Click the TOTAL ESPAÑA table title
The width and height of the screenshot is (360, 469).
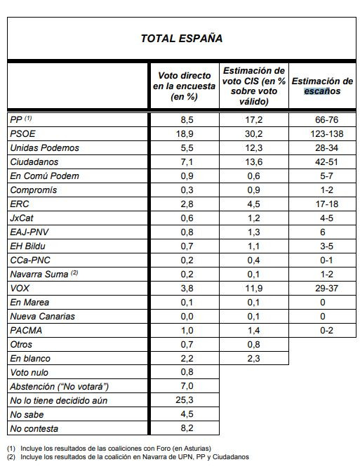coord(181,39)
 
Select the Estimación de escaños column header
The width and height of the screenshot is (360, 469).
coord(322,86)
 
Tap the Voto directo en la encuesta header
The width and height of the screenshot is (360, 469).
coord(184,86)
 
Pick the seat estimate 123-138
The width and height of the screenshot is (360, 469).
coord(322,133)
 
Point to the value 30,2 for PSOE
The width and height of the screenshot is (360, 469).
coord(253,133)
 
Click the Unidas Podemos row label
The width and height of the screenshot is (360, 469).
coord(44,147)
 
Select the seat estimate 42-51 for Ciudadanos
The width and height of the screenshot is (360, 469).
coord(322,161)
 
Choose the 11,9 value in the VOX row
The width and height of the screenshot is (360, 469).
coord(253,288)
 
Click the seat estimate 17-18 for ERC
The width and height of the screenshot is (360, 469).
coord(322,204)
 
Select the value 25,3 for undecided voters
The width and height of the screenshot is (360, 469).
coord(184,400)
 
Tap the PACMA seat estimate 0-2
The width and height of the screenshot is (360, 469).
coord(322,330)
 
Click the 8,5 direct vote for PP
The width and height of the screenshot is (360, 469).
coord(184,119)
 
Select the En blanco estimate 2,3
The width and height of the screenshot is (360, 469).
coord(253,358)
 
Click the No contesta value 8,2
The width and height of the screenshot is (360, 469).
coord(184,428)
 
